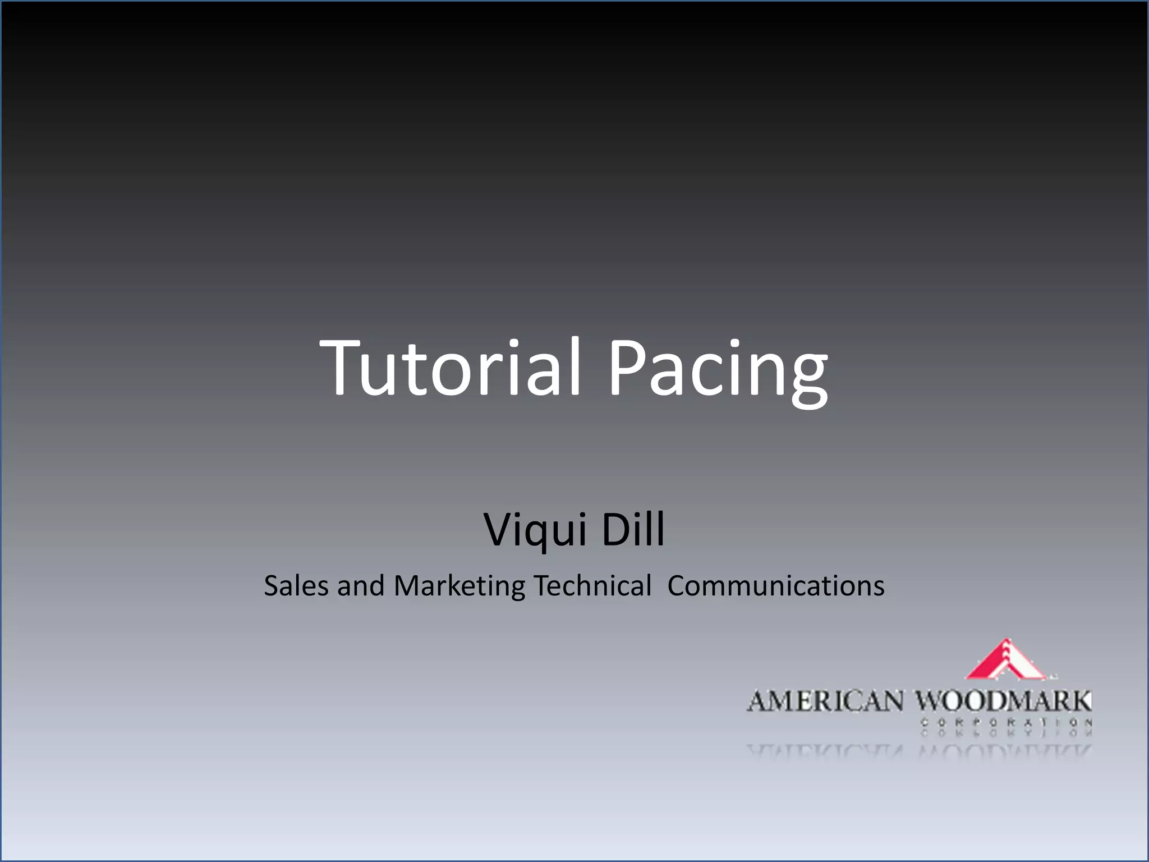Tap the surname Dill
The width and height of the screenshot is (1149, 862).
tap(633, 529)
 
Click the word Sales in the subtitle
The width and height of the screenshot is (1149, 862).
tap(296, 586)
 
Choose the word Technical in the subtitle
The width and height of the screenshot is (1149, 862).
tap(592, 586)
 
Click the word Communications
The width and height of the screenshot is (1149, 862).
tap(776, 586)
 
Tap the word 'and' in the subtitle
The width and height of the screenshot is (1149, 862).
tap(361, 586)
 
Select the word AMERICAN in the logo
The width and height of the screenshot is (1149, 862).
tap(825, 702)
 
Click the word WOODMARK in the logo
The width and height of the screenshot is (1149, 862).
tap(1004, 701)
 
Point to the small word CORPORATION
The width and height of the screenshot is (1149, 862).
tap(1006, 723)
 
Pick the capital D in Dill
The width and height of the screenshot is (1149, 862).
tap(614, 529)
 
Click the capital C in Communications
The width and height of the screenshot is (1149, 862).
tap(678, 586)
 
